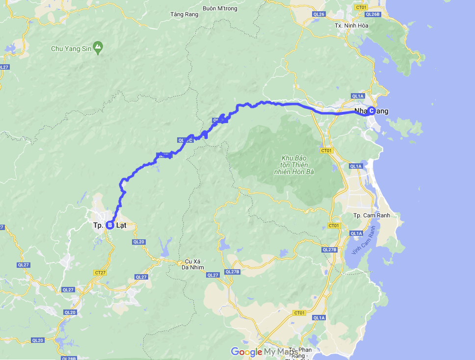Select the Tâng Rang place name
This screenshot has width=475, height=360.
[x=184, y=14]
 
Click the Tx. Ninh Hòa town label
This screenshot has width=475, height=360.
[x=351, y=26]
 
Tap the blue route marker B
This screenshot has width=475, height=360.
[x=110, y=225]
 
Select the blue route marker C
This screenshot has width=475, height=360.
[x=371, y=111]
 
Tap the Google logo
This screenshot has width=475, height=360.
[x=246, y=352]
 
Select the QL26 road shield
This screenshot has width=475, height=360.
[x=319, y=14]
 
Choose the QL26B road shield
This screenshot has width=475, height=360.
[x=373, y=14]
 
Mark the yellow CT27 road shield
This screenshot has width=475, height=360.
[x=100, y=272]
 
